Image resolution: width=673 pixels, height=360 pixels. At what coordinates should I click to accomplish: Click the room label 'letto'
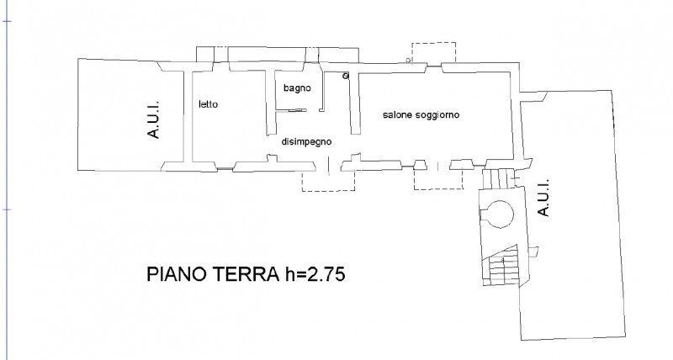(208, 104)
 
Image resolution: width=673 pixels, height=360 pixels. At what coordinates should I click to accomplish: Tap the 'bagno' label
(297, 88)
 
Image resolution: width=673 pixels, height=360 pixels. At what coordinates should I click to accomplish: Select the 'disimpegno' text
(306, 141)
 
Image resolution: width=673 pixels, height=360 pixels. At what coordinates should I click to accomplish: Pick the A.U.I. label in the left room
(153, 119)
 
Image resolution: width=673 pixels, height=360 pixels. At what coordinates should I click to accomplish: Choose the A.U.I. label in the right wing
(543, 198)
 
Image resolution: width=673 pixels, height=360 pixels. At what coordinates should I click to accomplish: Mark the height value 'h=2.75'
(315, 273)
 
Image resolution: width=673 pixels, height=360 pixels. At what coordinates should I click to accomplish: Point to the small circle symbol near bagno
(346, 76)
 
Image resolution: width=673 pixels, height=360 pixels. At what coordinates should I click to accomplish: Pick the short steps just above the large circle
(498, 178)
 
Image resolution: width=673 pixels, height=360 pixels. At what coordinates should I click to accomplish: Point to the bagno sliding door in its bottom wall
(297, 111)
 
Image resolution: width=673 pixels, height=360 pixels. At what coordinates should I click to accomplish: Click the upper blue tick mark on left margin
(8, 20)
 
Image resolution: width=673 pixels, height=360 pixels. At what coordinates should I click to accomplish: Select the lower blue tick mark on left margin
(8, 209)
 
